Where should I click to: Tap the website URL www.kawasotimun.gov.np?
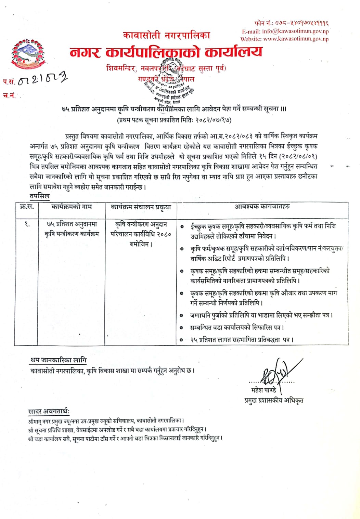(x=296, y=39)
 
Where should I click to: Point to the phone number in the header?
(x=302, y=23)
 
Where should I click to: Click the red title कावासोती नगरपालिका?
(x=167, y=35)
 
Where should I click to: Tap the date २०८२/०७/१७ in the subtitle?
(x=213, y=120)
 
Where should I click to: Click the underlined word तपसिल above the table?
(x=39, y=196)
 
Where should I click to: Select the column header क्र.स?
(x=27, y=207)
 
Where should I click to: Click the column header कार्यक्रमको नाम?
(x=72, y=207)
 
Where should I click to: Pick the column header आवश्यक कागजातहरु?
(x=262, y=207)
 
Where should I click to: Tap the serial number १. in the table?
(x=27, y=224)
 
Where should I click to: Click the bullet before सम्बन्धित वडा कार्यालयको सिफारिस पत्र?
(x=182, y=328)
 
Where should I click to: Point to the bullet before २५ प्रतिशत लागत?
(x=182, y=340)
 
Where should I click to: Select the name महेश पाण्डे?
(x=263, y=390)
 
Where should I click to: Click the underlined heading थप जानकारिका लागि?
(x=59, y=360)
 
